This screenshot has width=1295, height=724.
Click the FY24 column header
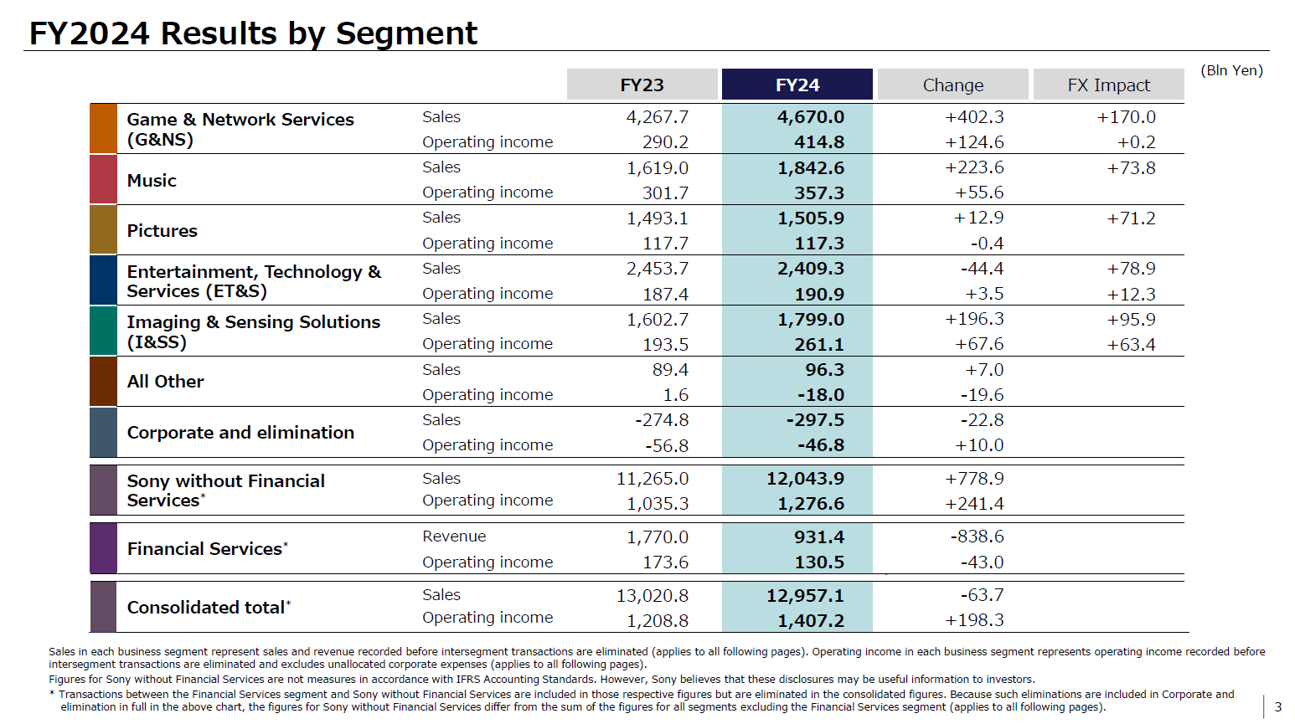(797, 85)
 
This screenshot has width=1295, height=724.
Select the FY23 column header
(642, 85)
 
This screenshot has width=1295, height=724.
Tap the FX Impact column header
(1108, 85)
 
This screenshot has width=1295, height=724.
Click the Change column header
(952, 85)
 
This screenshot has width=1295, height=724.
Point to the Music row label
(152, 181)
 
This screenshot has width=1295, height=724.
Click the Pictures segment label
(162, 231)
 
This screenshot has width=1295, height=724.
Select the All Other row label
(165, 382)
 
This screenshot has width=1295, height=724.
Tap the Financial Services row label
(205, 549)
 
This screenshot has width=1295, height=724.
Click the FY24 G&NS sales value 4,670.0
(810, 117)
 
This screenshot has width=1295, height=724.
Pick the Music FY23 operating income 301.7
(665, 193)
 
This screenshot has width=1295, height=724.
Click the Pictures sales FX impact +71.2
(1131, 218)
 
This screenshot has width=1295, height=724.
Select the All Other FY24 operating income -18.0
(820, 395)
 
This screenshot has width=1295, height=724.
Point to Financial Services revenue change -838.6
(977, 537)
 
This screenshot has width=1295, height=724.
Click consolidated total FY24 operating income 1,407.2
(810, 621)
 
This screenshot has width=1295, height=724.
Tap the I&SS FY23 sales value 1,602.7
(658, 320)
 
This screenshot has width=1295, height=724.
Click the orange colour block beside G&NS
(103, 129)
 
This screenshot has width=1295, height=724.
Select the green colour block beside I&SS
(103, 331)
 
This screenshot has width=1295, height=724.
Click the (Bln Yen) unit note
(1231, 70)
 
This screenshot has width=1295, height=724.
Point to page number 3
(1277, 707)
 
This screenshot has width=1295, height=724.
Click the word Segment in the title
(406, 33)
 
